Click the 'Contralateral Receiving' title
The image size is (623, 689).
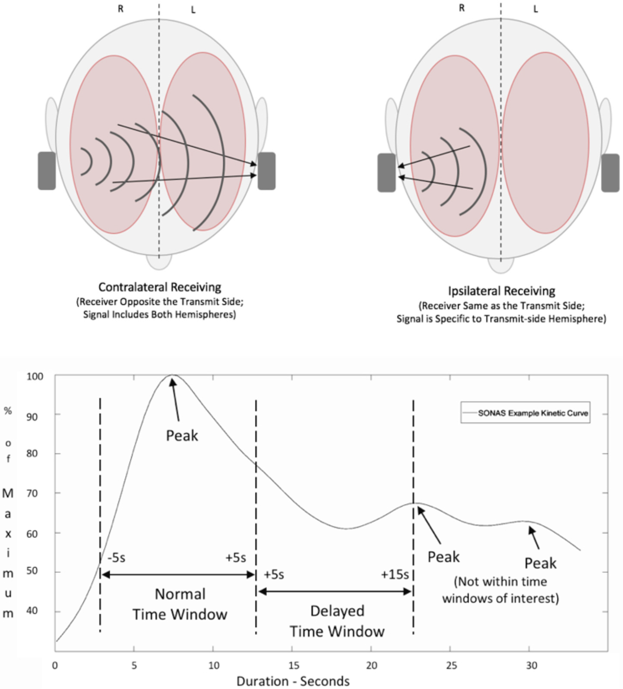[x=160, y=287]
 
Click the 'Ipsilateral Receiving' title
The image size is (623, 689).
[x=501, y=291]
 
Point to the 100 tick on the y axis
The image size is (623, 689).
[x=35, y=376]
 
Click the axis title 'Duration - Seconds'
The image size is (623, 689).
[x=293, y=681]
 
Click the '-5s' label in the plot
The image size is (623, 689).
[x=116, y=558]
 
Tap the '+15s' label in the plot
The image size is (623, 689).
[x=395, y=575]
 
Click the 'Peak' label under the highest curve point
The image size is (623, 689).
[x=182, y=436]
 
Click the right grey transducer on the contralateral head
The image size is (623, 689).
[x=266, y=171]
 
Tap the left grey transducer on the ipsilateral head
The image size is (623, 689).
[x=386, y=173]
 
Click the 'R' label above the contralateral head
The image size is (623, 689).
[x=120, y=9]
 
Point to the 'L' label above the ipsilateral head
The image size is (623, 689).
[x=535, y=9]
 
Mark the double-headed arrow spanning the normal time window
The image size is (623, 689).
[x=178, y=575]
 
